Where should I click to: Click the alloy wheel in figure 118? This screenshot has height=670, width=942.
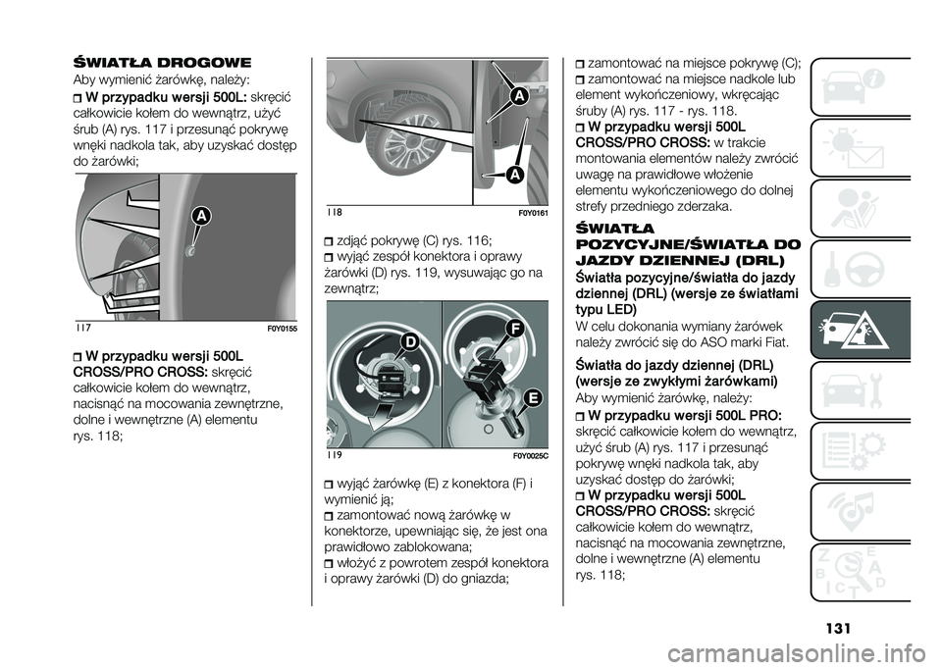[x=389, y=147]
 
